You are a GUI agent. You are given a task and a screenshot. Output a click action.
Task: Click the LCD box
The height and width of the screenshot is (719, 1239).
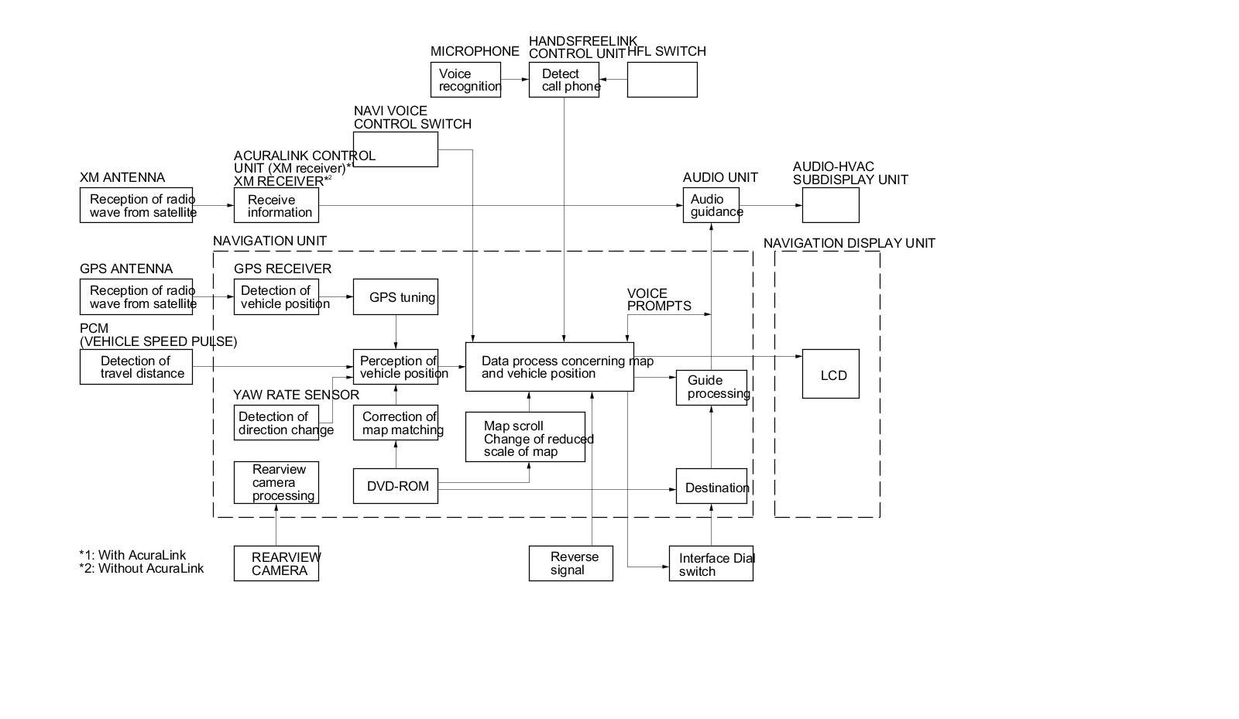830,375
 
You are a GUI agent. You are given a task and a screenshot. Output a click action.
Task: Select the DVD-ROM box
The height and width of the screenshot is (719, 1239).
395,486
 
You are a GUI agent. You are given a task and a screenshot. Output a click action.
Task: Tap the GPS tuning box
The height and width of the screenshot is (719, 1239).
395,297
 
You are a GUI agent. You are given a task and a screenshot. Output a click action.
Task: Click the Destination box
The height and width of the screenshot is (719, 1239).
711,487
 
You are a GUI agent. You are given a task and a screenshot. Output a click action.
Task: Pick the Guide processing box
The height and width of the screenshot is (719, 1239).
711,387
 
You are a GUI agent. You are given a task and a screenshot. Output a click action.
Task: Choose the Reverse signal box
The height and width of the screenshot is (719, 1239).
571,563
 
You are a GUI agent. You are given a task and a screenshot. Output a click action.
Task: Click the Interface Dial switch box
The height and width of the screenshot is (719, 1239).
710,564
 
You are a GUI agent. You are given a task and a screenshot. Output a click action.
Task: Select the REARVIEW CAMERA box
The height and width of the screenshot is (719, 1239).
276,563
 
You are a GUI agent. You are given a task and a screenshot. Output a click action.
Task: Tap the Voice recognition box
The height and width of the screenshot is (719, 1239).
465,80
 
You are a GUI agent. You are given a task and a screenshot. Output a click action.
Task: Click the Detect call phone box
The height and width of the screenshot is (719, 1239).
563,80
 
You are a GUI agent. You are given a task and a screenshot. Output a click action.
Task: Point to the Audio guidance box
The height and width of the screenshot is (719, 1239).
710,205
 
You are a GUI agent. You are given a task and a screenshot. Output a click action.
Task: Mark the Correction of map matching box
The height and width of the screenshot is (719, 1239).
395,423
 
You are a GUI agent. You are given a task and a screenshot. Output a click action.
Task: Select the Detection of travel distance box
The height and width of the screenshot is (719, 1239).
136,367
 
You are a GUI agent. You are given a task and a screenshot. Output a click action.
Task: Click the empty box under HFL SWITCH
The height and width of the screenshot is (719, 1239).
661,80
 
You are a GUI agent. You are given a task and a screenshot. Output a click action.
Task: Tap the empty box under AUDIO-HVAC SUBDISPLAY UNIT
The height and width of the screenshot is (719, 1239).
830,205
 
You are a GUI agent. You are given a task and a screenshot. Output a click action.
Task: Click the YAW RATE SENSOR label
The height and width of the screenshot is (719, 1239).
296,395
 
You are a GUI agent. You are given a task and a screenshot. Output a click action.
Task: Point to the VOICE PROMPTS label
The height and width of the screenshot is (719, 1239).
658,300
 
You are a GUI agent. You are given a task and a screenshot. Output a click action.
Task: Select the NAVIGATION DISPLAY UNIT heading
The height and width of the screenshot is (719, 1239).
849,243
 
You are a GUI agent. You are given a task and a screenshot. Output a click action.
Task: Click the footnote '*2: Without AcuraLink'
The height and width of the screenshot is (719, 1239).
141,568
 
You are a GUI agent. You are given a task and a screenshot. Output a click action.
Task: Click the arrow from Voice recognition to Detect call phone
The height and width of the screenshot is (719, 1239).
514,80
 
